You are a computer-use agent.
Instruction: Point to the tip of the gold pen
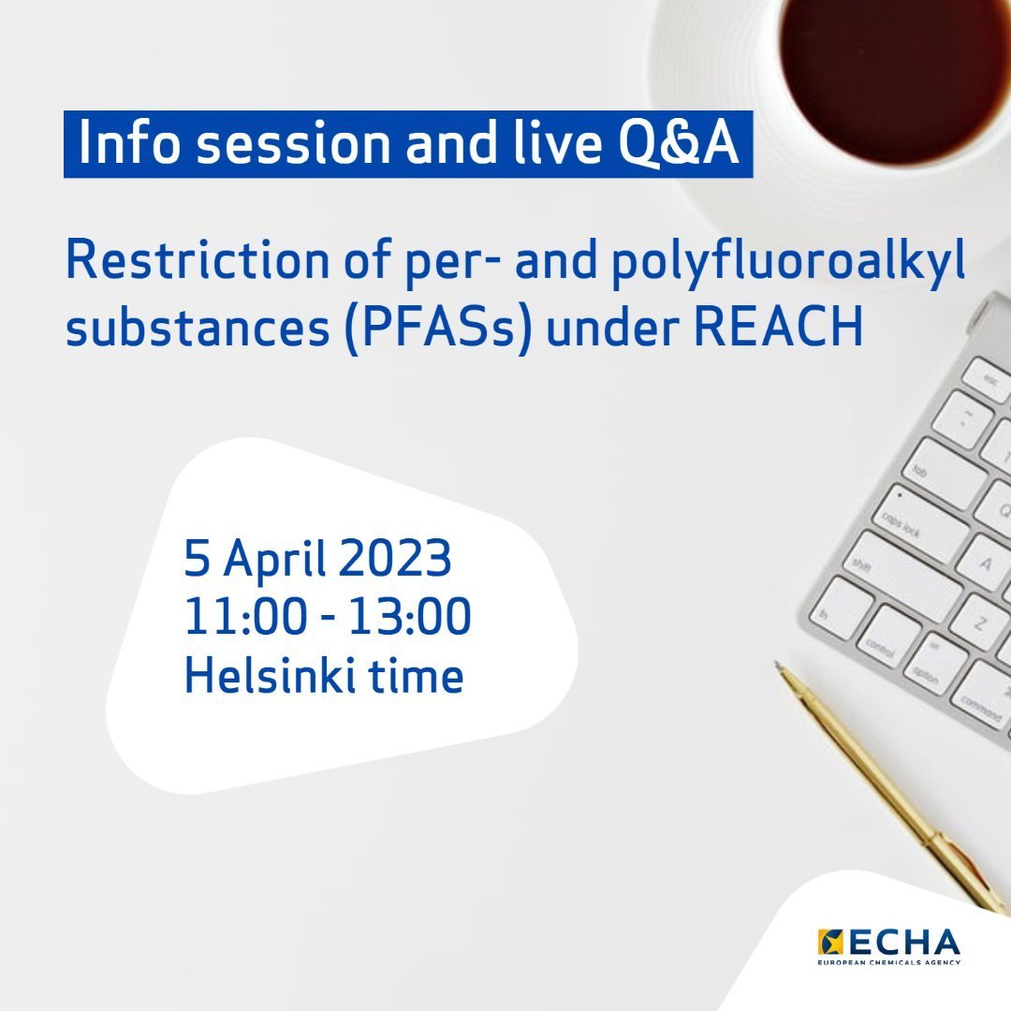(x=779, y=667)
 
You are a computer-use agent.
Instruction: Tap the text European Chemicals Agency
(x=888, y=961)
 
